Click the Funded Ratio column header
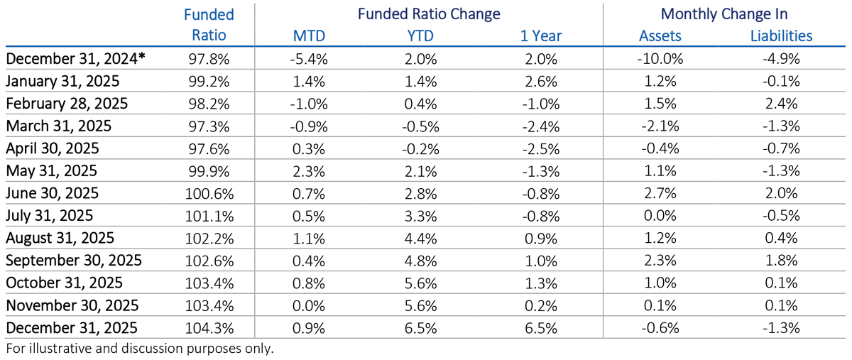point(208,25)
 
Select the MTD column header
point(309,36)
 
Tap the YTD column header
point(419,36)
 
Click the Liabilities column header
point(781,36)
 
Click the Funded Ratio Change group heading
point(428,14)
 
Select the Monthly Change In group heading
point(723,14)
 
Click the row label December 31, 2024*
point(75,59)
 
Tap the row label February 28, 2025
point(67,104)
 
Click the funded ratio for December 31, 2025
point(208,327)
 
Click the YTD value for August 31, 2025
point(419,238)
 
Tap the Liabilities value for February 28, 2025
point(781,104)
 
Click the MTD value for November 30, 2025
point(309,305)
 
